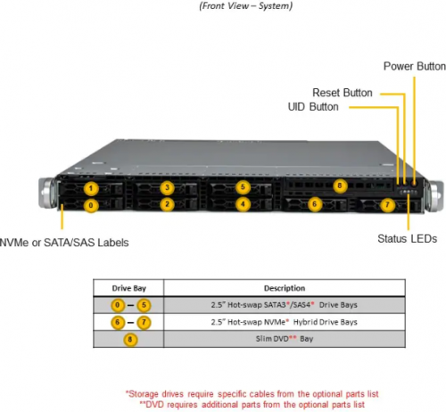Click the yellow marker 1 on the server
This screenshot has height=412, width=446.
pyautogui.click(x=91, y=188)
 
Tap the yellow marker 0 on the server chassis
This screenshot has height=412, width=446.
pyautogui.click(x=91, y=205)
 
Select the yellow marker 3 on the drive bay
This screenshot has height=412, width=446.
pyautogui.click(x=167, y=187)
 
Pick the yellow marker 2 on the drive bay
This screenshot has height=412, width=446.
pyautogui.click(x=167, y=204)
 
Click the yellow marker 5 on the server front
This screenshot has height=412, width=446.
pyautogui.click(x=243, y=187)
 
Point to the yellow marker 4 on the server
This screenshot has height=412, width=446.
pyautogui.click(x=243, y=204)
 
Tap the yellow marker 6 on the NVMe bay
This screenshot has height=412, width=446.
pyautogui.click(x=315, y=204)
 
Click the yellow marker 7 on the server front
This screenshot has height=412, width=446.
pyautogui.click(x=387, y=204)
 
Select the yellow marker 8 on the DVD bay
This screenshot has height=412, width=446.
pyautogui.click(x=340, y=186)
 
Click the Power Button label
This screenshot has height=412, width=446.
pyautogui.click(x=415, y=66)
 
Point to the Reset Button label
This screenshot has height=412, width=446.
pyautogui.click(x=343, y=93)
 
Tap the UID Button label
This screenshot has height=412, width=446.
pyautogui.click(x=313, y=107)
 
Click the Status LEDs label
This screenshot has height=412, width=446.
pyautogui.click(x=407, y=239)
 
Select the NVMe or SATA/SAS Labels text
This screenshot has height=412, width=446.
pyautogui.click(x=64, y=243)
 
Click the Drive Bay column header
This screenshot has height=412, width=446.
pyautogui.click(x=129, y=288)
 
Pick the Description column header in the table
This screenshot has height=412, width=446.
pyautogui.click(x=285, y=288)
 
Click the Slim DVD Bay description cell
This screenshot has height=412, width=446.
pyautogui.click(x=285, y=339)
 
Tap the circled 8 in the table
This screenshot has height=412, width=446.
pyautogui.click(x=130, y=340)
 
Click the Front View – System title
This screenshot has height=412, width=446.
pyautogui.click(x=246, y=6)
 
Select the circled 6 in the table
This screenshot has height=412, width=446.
pyautogui.click(x=118, y=323)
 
